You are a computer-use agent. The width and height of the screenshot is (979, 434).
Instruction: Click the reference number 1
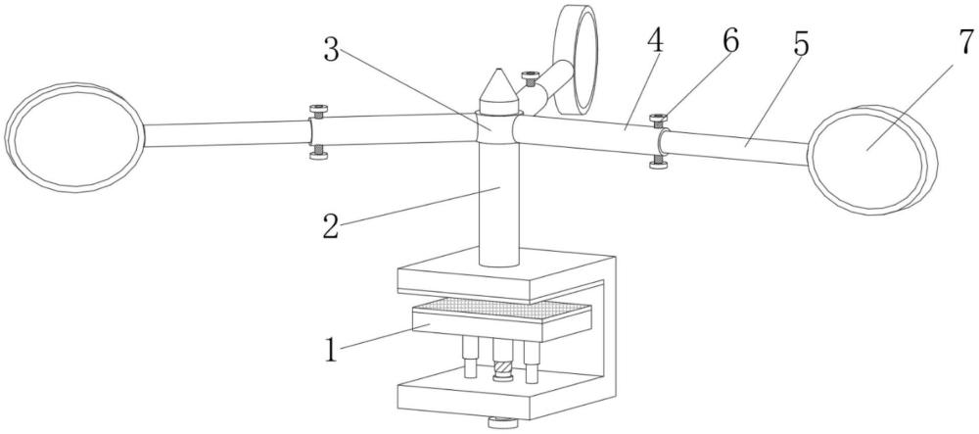(x=331, y=350)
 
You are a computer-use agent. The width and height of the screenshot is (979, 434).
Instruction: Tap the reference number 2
(x=331, y=226)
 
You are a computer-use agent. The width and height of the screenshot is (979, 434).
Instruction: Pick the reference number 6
(x=730, y=40)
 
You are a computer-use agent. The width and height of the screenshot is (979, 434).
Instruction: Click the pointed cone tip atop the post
(x=497, y=70)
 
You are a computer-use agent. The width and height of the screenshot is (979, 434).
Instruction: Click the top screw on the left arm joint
(x=318, y=111)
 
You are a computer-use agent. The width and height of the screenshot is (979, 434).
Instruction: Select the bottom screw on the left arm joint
(x=318, y=152)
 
